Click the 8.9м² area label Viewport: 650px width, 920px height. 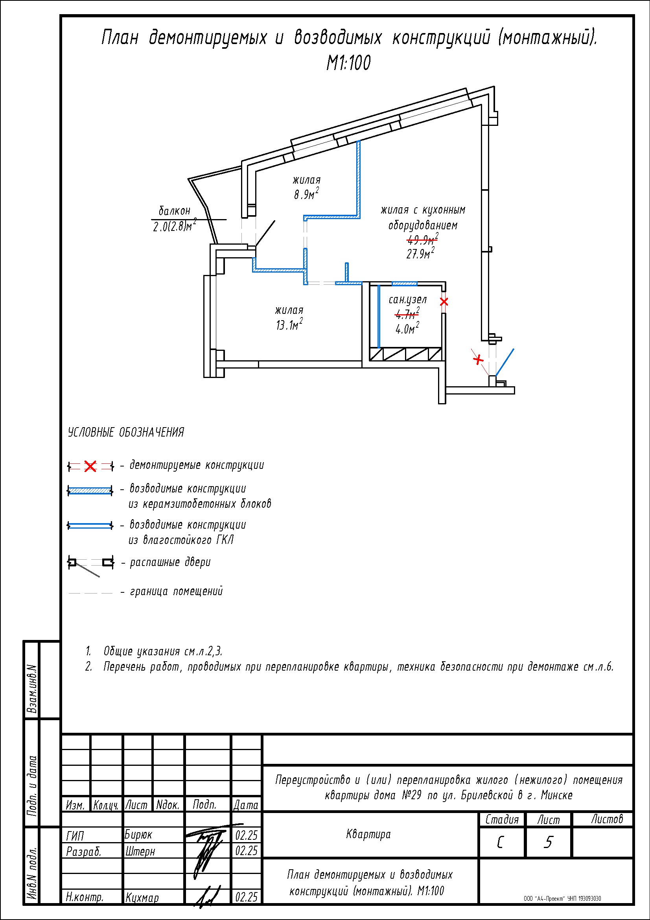point(306,194)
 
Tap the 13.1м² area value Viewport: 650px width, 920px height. point(289,324)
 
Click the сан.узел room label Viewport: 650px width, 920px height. point(408,300)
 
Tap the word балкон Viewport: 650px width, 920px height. point(175,211)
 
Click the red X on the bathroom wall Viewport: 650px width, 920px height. point(444,302)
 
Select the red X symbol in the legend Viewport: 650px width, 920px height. point(90,466)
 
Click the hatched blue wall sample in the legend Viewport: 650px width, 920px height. point(90,490)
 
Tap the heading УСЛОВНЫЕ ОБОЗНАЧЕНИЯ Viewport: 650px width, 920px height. point(126,432)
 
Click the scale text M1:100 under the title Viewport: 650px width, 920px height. point(348,63)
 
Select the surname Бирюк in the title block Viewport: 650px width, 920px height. point(138,835)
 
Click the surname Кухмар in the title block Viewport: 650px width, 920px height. point(142,898)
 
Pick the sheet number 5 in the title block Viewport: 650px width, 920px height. point(548,843)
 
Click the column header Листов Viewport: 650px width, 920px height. point(607,819)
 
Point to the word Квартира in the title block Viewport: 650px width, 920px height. point(368,834)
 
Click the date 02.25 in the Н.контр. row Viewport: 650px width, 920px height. point(246,897)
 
